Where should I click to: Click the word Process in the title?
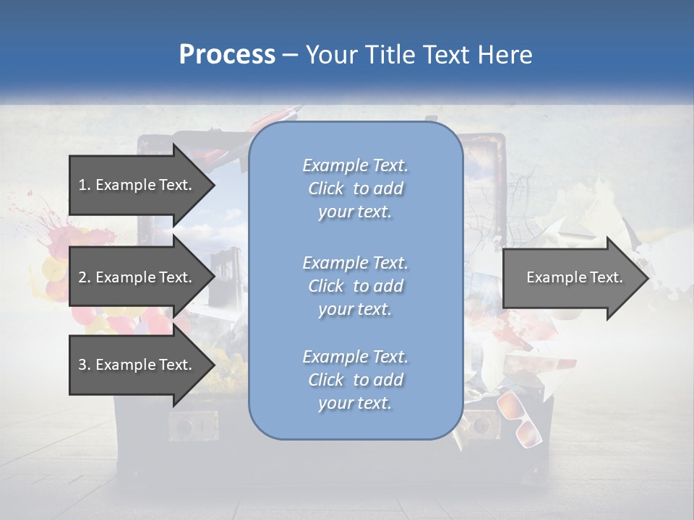227,54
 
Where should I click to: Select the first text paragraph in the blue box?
355,188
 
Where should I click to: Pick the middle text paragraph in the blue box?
355,286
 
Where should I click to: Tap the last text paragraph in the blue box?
355,380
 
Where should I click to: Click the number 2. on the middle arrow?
85,277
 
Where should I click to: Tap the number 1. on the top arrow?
85,185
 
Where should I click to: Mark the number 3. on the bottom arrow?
85,365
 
